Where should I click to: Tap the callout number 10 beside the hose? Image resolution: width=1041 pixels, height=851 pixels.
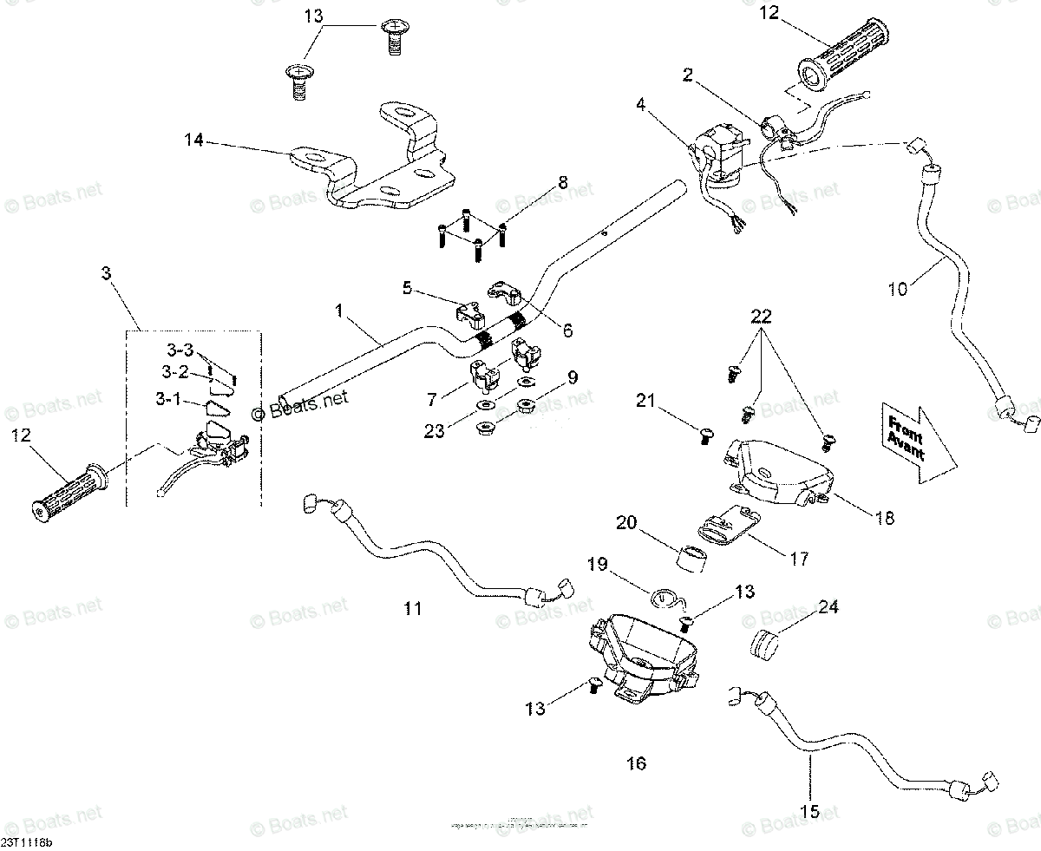coord(897,290)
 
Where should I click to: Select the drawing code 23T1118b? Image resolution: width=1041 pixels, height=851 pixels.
coord(26,841)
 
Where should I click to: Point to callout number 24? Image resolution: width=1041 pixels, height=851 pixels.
coord(828,607)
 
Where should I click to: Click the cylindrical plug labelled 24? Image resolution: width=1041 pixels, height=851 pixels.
coord(765,645)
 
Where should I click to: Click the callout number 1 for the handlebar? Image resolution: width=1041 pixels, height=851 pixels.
coord(339,309)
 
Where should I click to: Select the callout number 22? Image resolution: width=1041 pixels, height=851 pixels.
coord(760,318)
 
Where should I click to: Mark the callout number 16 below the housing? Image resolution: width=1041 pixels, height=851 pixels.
coord(636,763)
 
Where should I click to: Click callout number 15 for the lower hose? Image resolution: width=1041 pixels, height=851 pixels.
coord(809,813)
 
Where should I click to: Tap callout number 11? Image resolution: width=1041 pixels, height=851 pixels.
coord(413,609)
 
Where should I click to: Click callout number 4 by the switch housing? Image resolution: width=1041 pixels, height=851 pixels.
coord(640,104)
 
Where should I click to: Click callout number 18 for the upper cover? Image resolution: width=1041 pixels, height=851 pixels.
coord(884,518)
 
